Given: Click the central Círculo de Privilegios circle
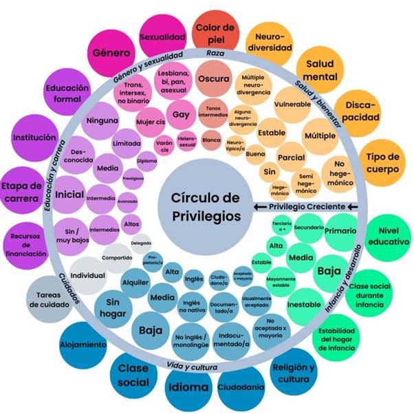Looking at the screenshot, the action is click(x=206, y=206).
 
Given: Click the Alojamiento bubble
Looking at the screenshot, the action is click(x=83, y=344).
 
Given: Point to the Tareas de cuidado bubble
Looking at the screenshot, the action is click(x=50, y=299).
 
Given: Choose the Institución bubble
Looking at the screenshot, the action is click(x=34, y=138).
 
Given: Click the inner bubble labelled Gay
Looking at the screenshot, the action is click(x=182, y=114).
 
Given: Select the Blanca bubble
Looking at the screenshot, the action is click(x=211, y=140).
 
